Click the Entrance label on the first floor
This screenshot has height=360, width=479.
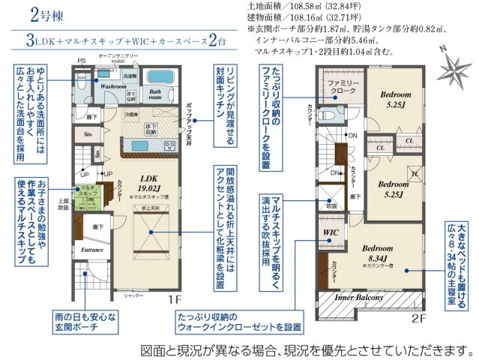92,249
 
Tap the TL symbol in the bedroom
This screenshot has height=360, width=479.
412,173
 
